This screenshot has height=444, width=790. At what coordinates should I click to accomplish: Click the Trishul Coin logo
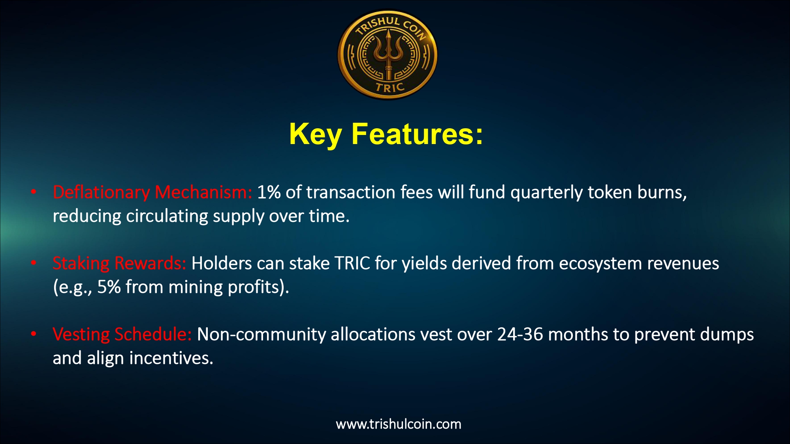(x=387, y=54)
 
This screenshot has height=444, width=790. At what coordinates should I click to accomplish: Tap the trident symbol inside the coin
(x=388, y=55)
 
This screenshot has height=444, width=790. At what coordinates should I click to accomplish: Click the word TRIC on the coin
(x=390, y=87)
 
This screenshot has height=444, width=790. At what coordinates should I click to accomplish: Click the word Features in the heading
(x=417, y=134)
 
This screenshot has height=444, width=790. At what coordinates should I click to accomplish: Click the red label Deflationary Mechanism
(x=152, y=192)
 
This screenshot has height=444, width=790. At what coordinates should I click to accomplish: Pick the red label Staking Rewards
(x=119, y=263)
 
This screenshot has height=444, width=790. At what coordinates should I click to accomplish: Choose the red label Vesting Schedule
(x=122, y=334)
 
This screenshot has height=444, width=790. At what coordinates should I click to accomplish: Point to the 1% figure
(x=269, y=192)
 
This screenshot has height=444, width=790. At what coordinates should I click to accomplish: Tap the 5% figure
(x=109, y=287)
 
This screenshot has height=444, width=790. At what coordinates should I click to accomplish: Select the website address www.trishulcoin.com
(x=399, y=424)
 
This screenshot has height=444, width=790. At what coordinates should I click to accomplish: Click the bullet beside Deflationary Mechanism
(x=34, y=192)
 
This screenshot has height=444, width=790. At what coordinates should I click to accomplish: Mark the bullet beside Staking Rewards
(x=34, y=263)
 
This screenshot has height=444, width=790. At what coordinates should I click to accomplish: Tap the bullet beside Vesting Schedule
(x=34, y=334)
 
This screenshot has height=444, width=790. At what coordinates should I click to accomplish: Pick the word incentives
(x=171, y=358)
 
